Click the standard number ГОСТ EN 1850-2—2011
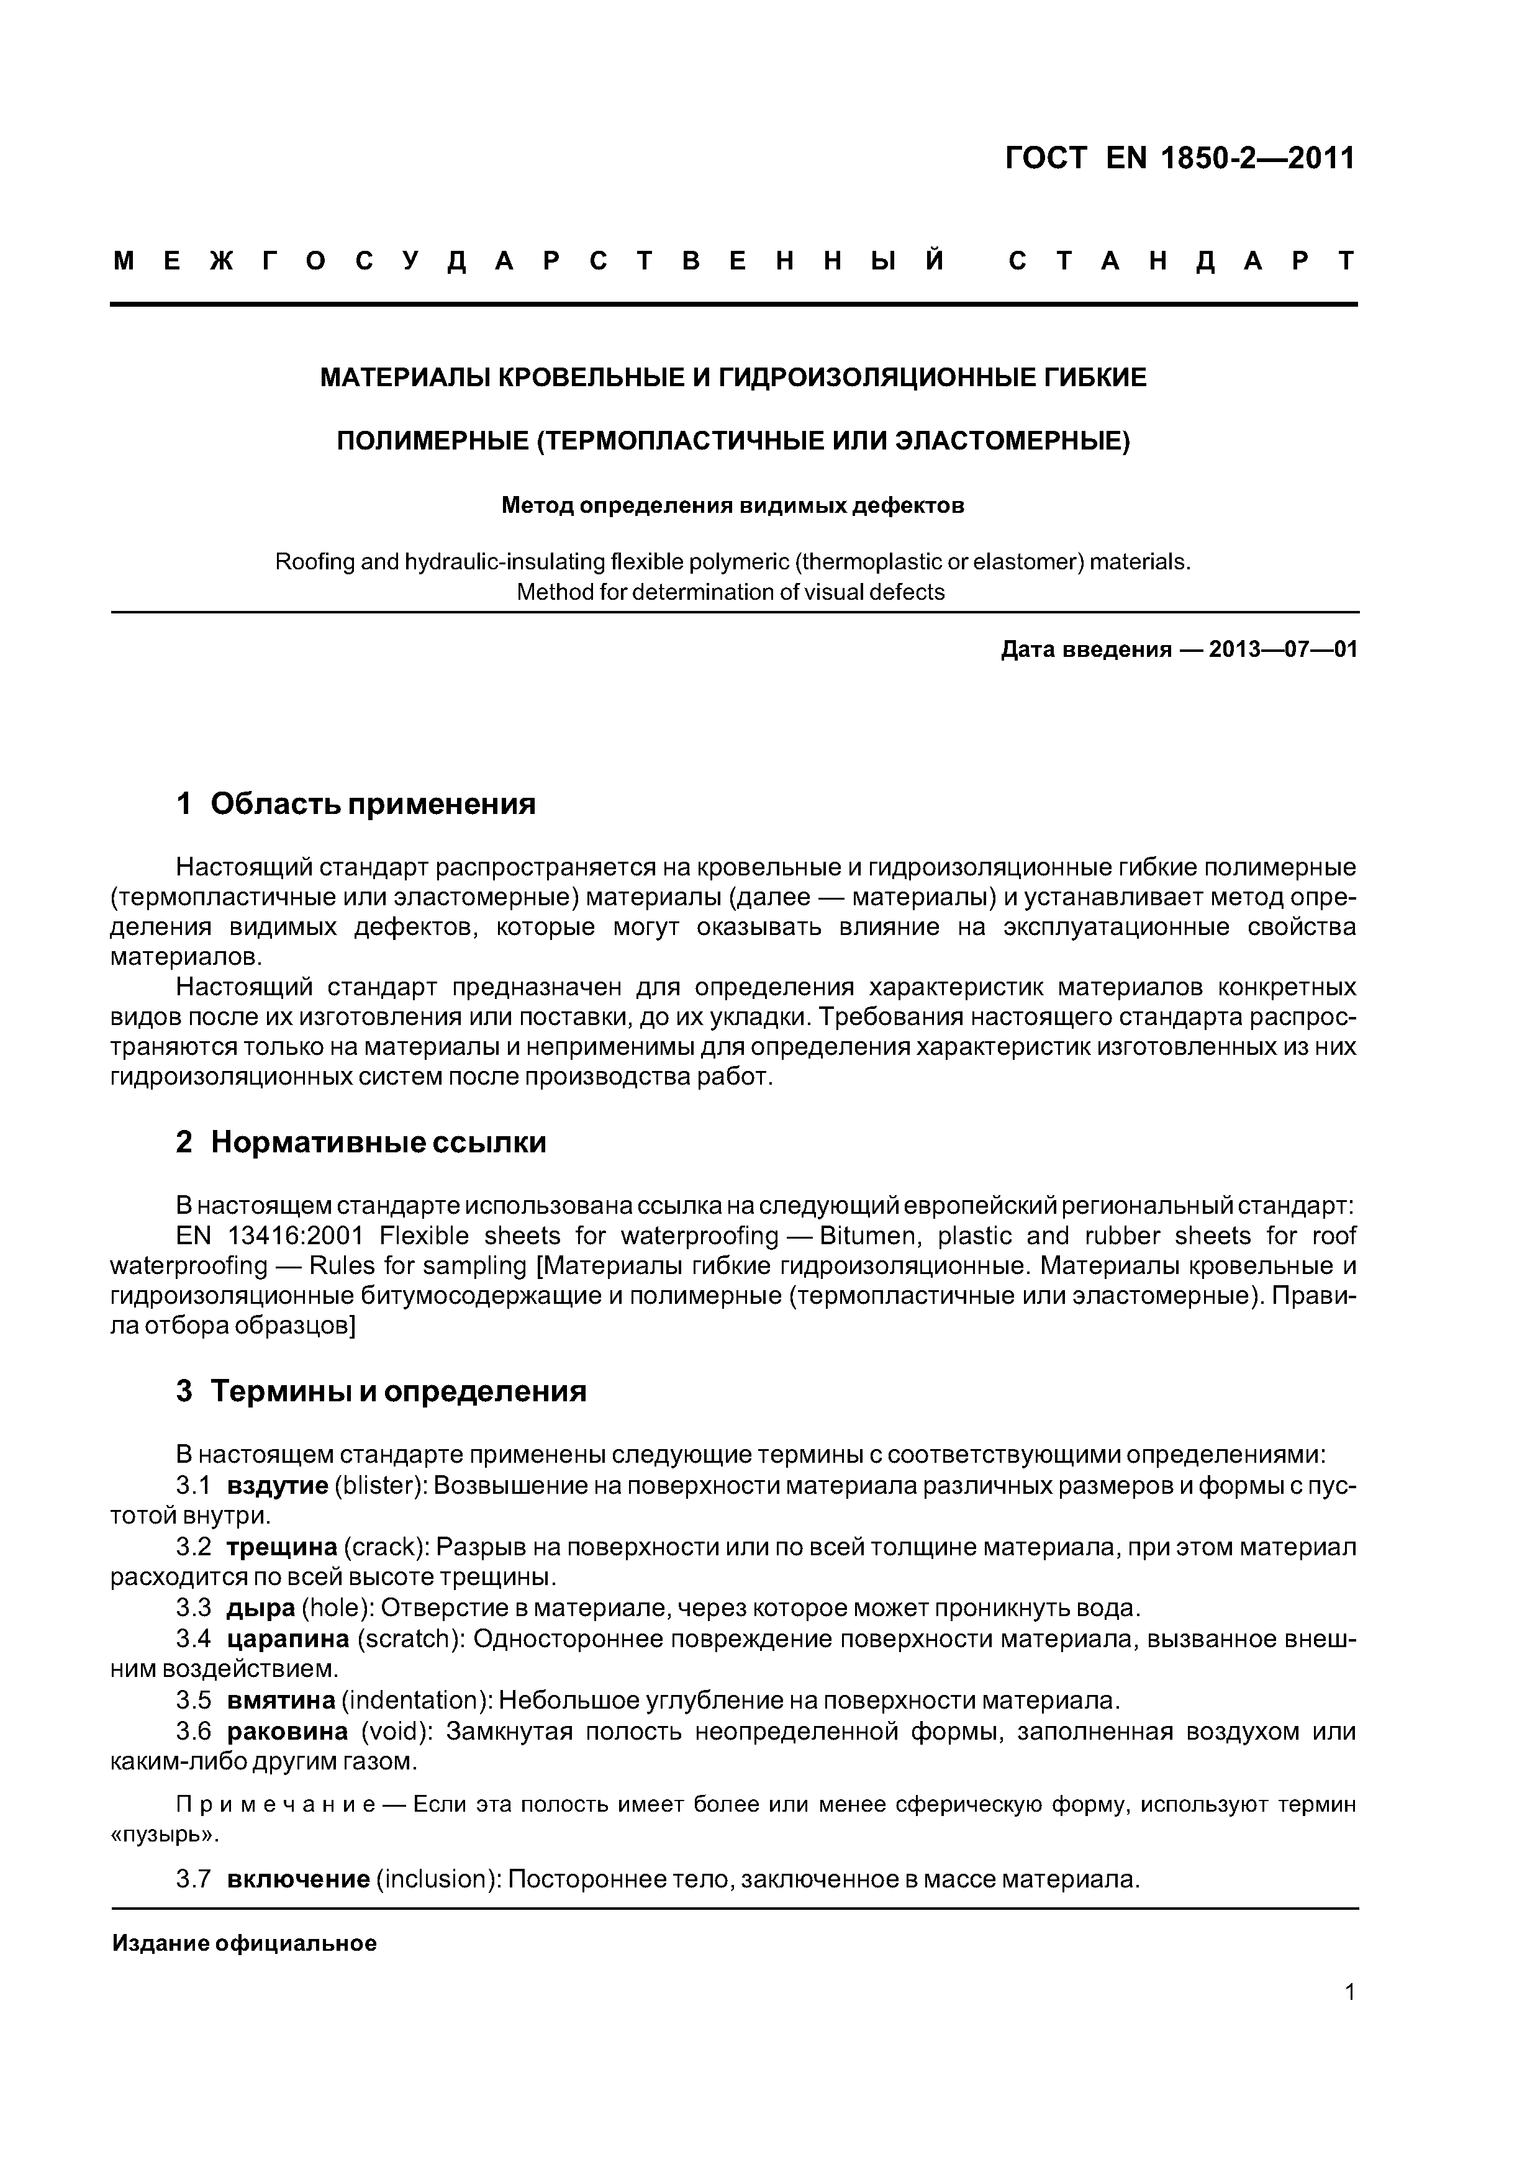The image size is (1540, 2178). (x=1180, y=158)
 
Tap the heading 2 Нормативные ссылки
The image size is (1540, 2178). (x=361, y=1142)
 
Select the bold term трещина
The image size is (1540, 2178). (x=282, y=1547)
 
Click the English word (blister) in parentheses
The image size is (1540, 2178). (x=379, y=1486)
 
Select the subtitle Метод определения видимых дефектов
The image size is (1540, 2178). (x=733, y=505)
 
